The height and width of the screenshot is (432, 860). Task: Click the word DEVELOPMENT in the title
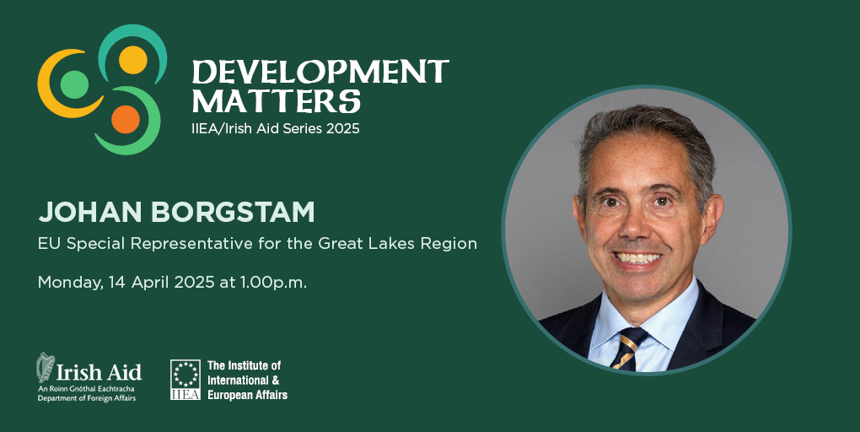(320, 72)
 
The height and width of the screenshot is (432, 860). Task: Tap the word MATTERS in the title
(277, 101)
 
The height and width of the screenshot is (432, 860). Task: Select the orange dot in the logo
(126, 119)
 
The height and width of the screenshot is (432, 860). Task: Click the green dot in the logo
(74, 84)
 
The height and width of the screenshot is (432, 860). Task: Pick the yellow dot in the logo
(133, 60)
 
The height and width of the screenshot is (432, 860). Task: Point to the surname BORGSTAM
(233, 213)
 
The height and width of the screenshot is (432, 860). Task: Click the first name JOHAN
(91, 213)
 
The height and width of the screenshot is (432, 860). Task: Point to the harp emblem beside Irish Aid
(46, 367)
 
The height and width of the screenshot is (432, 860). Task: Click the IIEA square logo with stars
(185, 380)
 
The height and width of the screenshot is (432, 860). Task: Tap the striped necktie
(628, 348)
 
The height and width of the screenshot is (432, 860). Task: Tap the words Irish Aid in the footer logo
(99, 373)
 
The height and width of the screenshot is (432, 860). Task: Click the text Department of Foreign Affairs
(87, 398)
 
